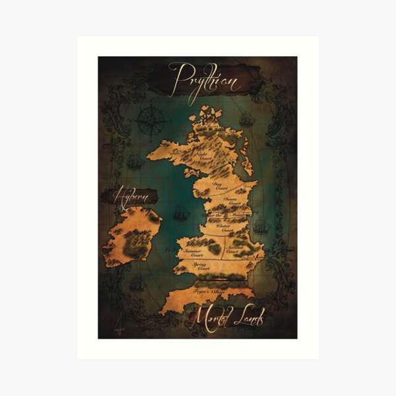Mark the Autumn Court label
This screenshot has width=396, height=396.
point(232,250)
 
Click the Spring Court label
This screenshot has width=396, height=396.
point(201,266)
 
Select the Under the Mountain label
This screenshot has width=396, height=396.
point(226,215)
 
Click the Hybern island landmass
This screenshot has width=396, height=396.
point(132,234)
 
